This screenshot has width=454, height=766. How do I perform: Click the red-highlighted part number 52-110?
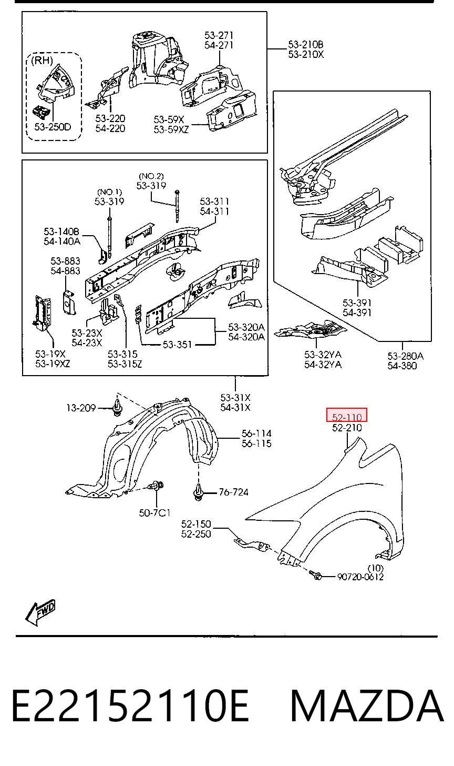pos(347,417)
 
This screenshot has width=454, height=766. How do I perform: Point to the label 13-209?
pos(81,408)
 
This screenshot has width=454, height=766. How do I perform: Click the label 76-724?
pos(234,492)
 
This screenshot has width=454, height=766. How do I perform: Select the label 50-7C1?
pos(155,512)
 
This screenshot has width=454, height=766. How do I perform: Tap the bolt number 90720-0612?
pos(360,577)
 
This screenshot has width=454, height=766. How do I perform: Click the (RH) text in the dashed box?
pos(42,61)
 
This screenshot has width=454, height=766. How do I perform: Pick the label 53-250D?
pos(53,127)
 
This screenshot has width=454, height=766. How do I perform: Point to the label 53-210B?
pos(306,44)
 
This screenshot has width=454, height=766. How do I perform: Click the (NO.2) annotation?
pos(151,176)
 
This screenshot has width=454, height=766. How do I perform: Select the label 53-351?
pos(177,345)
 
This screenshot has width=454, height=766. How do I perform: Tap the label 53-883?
pos(65,261)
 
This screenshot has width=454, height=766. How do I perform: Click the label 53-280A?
pos(406,356)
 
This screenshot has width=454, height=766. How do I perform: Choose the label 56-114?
pos(256,434)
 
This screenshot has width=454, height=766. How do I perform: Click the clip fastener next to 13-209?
pos(117,407)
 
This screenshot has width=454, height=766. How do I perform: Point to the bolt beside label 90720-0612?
pos(315,575)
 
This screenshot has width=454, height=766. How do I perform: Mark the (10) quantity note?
pos(375,568)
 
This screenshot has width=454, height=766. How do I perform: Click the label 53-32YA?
pos(323,355)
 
